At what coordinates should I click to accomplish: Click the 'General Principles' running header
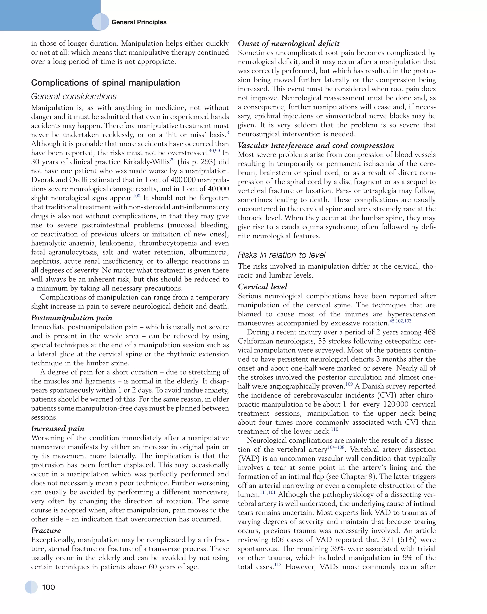139,22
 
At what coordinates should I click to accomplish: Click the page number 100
48,587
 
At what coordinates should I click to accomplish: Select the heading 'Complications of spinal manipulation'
105,83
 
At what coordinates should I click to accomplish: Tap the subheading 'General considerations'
74,97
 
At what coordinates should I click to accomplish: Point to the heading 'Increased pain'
58,429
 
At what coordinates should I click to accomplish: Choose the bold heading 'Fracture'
46,530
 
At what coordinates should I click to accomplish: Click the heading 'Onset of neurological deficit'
289,43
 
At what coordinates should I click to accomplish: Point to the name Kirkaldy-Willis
146,162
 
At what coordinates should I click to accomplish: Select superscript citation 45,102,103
400,321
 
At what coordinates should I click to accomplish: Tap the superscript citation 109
349,384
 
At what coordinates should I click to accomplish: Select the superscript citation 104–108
336,447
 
